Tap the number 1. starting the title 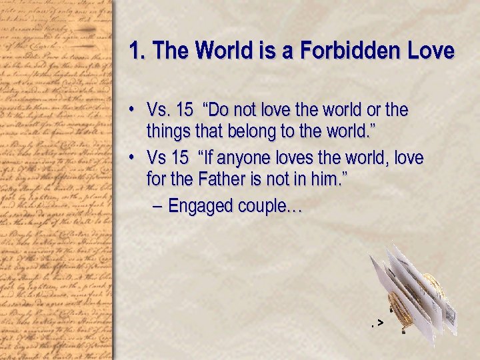[x=136, y=51]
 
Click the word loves [x=311, y=158]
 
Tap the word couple [x=263, y=207]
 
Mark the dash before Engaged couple [x=157, y=206]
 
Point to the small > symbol [x=379, y=323]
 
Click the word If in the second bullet [x=209, y=158]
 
